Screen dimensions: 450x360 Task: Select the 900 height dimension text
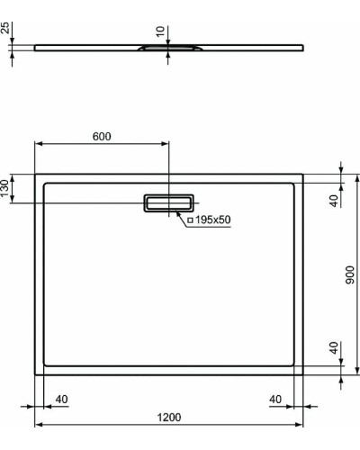[351, 273]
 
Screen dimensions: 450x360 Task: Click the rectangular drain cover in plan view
[168, 203]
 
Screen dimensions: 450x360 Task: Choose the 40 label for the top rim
[333, 200]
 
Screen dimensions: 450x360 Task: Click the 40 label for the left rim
[62, 399]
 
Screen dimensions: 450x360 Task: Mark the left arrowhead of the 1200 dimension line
[38, 424]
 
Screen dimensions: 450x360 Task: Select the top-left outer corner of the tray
[35, 174]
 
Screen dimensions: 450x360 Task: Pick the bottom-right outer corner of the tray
[304, 374]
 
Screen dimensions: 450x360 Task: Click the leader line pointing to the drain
[184, 215]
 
